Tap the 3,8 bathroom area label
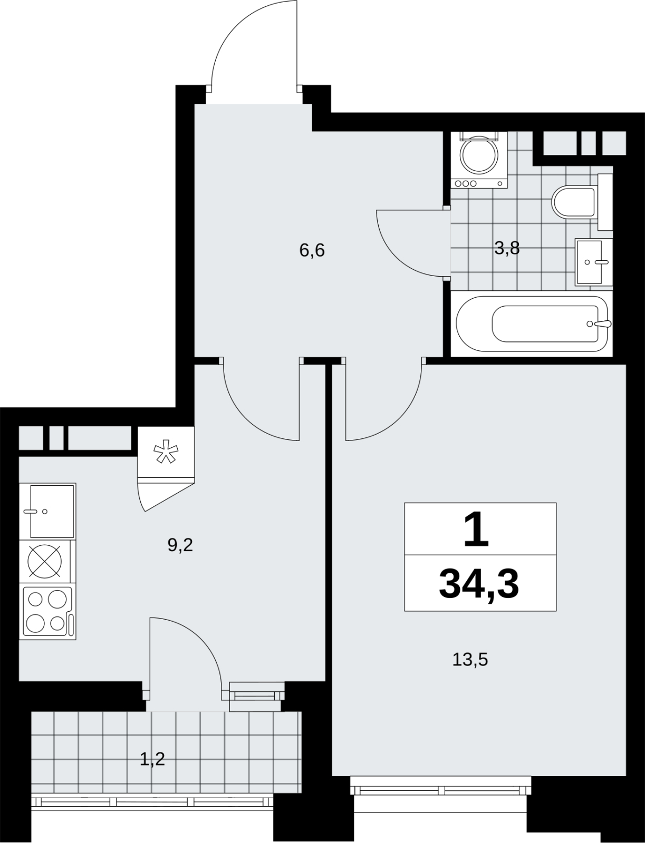point(507,249)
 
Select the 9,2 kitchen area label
point(180,545)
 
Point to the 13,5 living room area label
point(470,660)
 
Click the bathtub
point(532,324)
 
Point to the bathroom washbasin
point(593,262)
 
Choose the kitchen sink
point(47,511)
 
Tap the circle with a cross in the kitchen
point(45,561)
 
